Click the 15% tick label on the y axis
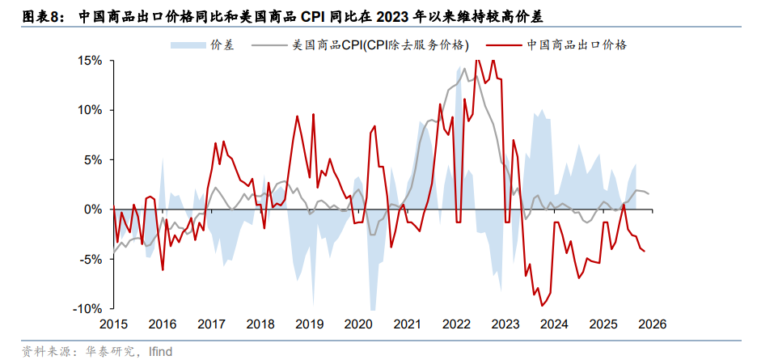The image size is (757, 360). pos(90,61)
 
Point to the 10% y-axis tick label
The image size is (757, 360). pos(90,110)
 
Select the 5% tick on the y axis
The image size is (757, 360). pos(93,159)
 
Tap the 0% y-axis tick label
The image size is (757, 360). pos(93,210)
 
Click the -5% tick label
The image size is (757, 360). pos(91,259)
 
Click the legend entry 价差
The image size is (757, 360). pos(222,45)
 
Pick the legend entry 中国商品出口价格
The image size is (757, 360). pos(576,45)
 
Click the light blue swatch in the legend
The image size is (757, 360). pos(188,45)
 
